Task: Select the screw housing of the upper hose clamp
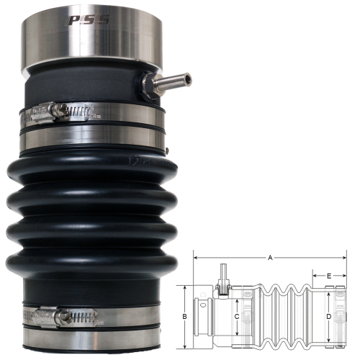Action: click(55, 110)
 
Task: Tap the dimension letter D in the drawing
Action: click(329, 315)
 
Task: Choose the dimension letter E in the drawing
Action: click(328, 275)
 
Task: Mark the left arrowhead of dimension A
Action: click(197, 257)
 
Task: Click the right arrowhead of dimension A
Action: click(344, 257)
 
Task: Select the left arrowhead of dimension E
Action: click(315, 275)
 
